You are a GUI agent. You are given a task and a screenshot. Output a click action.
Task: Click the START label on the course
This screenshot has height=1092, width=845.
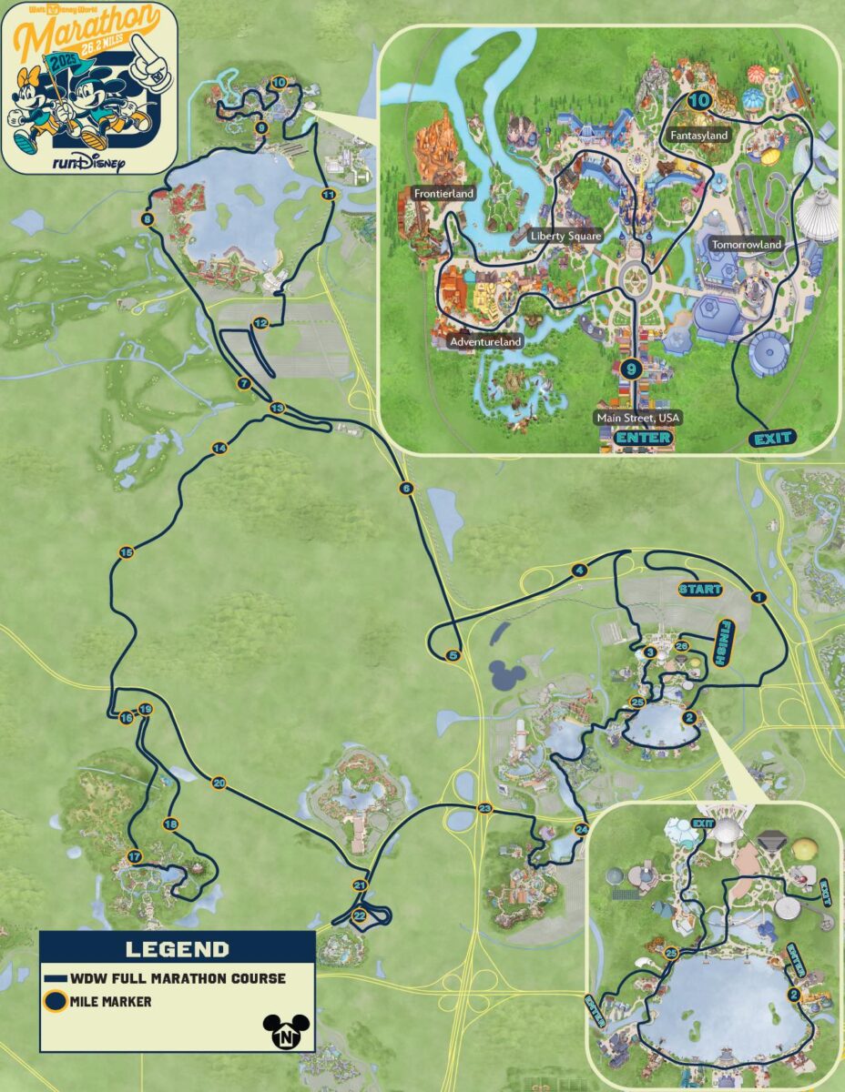(x=700, y=589)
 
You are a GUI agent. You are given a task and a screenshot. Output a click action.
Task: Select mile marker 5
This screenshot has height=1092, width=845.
(x=454, y=654)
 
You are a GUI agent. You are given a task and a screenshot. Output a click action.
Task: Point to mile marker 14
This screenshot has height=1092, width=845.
(x=219, y=448)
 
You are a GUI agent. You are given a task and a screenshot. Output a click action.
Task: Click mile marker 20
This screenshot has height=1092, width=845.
(x=219, y=783)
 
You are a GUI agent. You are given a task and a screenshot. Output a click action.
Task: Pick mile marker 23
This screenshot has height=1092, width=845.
(x=484, y=808)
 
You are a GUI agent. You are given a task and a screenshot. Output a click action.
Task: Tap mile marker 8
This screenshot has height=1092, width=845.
(x=148, y=218)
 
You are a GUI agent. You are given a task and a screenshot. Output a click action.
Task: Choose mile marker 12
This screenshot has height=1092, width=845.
(x=260, y=323)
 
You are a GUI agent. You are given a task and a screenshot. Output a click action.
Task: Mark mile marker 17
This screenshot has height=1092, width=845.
(x=135, y=856)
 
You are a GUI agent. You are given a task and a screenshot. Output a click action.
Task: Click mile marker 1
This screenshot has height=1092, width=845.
(x=758, y=597)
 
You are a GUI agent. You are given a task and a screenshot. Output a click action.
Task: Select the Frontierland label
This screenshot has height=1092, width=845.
(x=443, y=194)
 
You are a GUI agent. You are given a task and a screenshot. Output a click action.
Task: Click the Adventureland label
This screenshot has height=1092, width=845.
(x=485, y=342)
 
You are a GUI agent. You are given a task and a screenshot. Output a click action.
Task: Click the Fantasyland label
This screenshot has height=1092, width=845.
(x=699, y=136)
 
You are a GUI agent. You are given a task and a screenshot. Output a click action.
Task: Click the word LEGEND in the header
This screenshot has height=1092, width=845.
(x=177, y=950)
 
